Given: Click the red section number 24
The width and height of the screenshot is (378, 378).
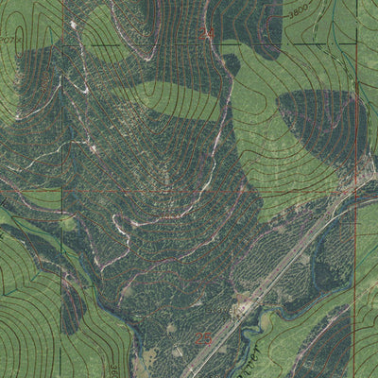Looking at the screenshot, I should pos(208,36).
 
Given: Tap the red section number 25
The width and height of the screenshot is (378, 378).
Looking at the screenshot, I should pos(203,335).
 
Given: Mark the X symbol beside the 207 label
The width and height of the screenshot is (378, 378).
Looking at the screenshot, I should pos(21,40).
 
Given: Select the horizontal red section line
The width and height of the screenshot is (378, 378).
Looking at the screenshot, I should pos(142,189).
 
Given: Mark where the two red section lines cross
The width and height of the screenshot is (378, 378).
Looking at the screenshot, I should pos(357,188).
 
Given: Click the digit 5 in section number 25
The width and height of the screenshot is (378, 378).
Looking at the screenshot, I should pos(207,335).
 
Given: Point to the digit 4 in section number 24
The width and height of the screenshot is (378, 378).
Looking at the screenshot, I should pos(212,36).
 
